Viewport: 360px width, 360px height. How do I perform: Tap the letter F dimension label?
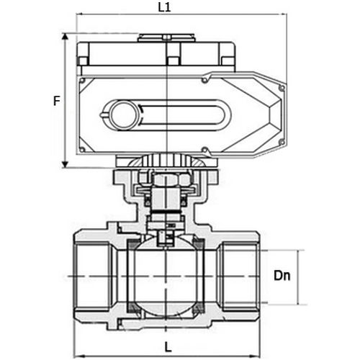(55, 101)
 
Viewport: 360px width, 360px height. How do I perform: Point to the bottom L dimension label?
(166, 346)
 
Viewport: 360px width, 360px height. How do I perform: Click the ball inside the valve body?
(166, 276)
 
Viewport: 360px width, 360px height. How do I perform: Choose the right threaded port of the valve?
(240, 276)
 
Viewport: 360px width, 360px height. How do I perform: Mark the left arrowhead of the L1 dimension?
(79, 14)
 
